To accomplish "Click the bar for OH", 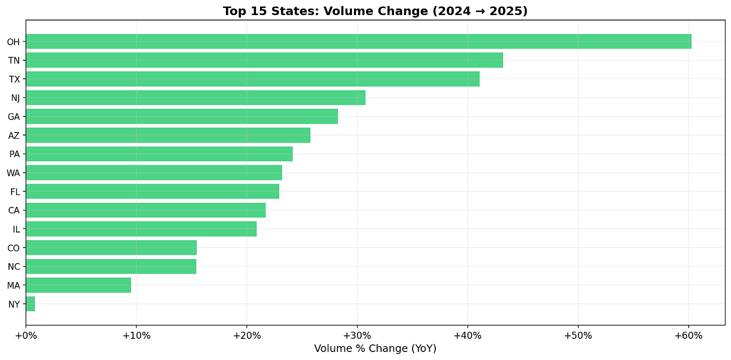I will pos(358,42).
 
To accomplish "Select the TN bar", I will pos(264,60).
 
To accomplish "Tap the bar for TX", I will pos(253,79).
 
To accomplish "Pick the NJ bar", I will pos(195,97).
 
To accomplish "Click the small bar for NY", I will pos(30,304).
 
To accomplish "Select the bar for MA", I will pos(78,285).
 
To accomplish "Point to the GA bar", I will pos(182,116).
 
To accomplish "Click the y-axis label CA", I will pos(14,210).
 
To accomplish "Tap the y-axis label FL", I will pos(15,192).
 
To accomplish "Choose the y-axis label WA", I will pos(14,173).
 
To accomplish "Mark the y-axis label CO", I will pos(14,248).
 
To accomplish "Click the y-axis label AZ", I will pos(14,136).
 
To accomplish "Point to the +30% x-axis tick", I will pos(357,335).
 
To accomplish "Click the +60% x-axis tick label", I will pos(688,335).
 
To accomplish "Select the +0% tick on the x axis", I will pos(26,335).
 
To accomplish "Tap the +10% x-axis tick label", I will pos(136,335).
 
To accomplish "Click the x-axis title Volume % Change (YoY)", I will pos(375,348).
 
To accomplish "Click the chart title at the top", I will pos(375,11).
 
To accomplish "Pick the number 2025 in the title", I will pos(507,11).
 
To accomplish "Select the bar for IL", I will pos(141,229).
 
